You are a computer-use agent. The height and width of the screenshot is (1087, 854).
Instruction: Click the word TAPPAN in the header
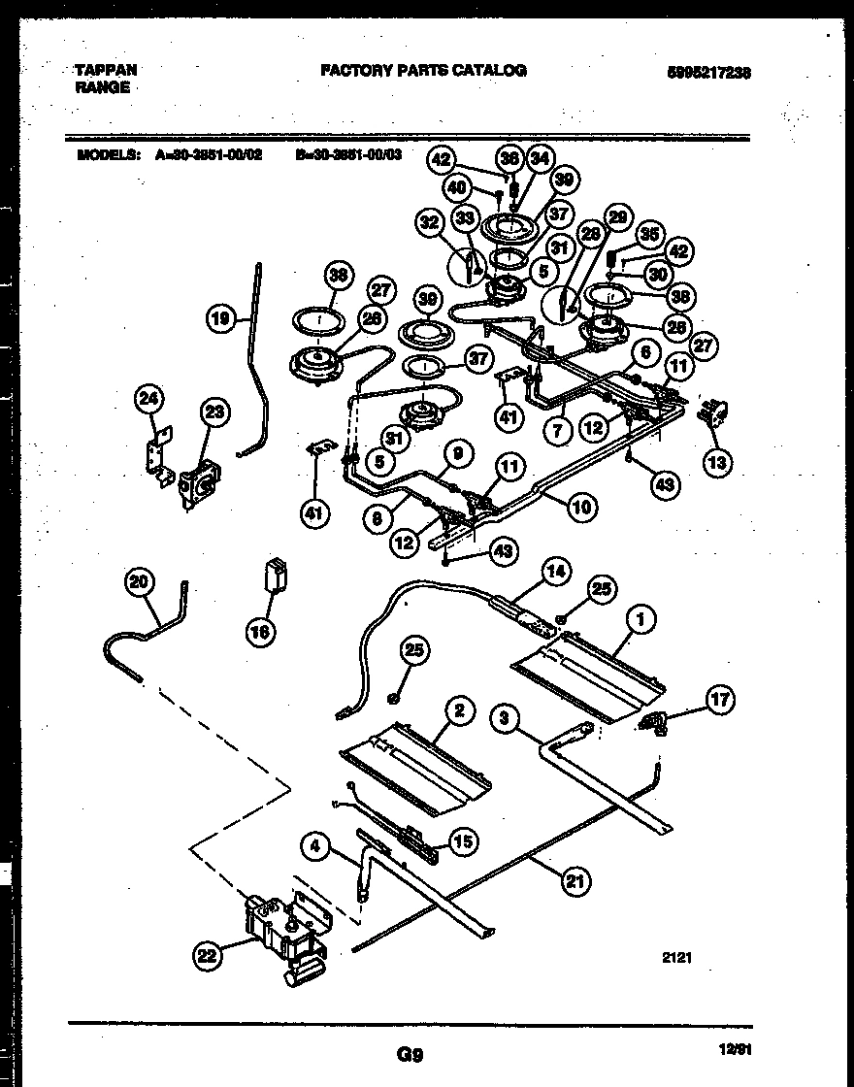click(106, 71)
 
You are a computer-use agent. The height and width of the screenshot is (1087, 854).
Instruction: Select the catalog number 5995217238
click(709, 72)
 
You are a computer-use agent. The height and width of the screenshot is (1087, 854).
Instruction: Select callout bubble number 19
click(222, 316)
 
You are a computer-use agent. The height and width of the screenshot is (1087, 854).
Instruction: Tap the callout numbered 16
click(261, 631)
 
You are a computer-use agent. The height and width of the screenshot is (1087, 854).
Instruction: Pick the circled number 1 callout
click(641, 617)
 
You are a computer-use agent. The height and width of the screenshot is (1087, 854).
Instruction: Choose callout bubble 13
click(719, 463)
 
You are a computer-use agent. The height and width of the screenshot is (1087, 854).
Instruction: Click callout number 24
click(150, 397)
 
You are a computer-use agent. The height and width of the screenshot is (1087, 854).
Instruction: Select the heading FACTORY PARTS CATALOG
click(423, 71)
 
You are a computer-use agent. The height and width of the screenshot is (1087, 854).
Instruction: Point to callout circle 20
click(141, 582)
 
